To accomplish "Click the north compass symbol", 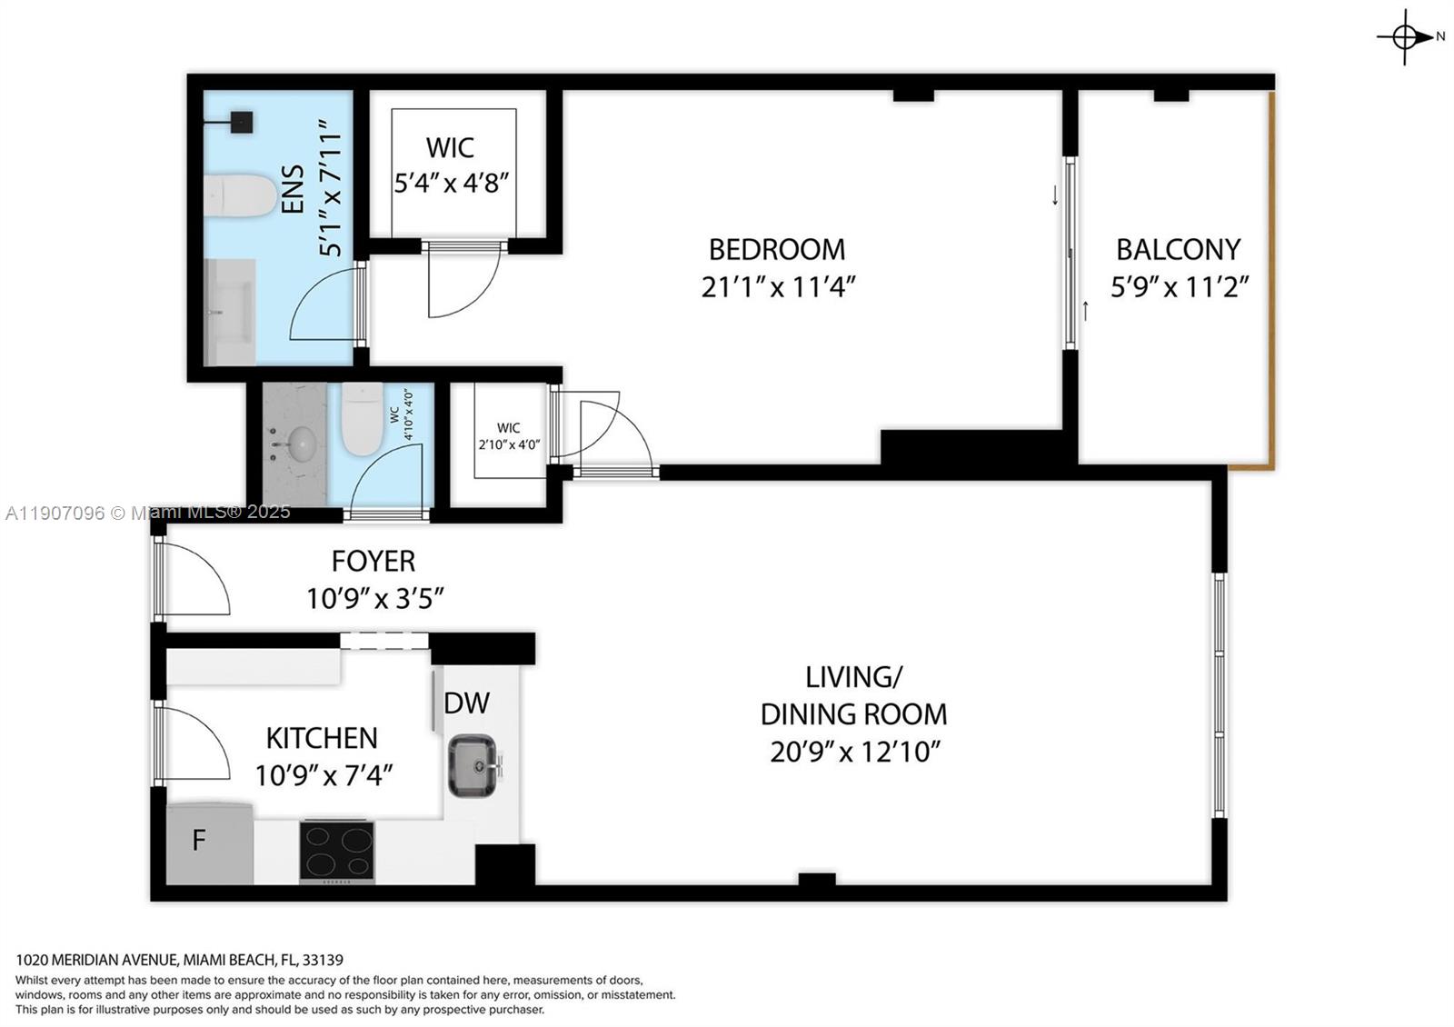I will point(1405,37).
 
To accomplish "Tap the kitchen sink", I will point(473,765).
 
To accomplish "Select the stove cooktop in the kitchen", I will point(337,851).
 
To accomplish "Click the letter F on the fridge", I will point(199,841).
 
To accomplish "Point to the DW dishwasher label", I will point(466,703).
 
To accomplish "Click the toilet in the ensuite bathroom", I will point(239,196).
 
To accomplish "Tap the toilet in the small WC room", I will point(362,419).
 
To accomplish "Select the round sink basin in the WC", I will point(299,444).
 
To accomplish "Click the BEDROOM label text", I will point(776,249).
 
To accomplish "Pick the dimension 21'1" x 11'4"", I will point(778,287).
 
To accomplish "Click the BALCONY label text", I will point(1178,249).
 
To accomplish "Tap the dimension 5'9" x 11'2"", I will point(1180,287).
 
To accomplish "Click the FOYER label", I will point(373,561).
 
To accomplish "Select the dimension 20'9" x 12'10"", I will point(853,753).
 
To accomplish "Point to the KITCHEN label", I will point(322,737).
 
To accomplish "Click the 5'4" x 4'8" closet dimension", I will point(451,183).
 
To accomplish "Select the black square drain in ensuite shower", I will point(241,122).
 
